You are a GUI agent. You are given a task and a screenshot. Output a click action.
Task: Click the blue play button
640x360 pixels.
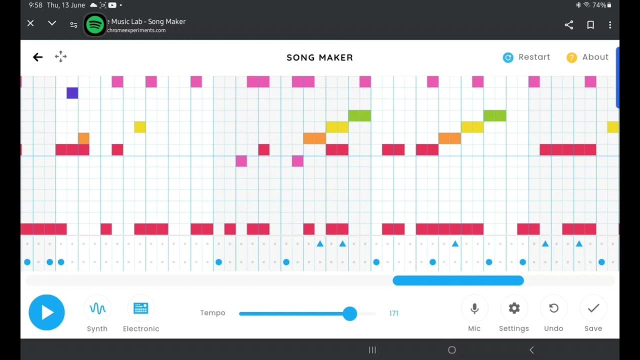pyautogui.click(x=46, y=312)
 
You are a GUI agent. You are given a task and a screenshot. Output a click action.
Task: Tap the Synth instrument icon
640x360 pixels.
pyautogui.click(x=97, y=308)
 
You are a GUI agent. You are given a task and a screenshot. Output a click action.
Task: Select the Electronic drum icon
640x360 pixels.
pyautogui.click(x=141, y=308)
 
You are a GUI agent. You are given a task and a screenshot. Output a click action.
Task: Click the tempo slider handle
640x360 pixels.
pyautogui.click(x=350, y=313)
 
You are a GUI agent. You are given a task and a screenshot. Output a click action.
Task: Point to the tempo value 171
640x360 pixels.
pyautogui.click(x=393, y=313)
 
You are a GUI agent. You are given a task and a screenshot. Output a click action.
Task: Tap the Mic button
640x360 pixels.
pyautogui.click(x=474, y=308)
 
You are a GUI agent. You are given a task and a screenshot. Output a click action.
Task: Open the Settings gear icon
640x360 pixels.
pyautogui.click(x=514, y=308)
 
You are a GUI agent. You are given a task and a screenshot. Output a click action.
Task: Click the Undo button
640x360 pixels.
pyautogui.click(x=553, y=308)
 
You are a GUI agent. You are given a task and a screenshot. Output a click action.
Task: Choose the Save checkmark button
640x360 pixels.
pyautogui.click(x=593, y=308)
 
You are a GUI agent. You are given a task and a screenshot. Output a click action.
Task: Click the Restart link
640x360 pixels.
pyautogui.click(x=533, y=57)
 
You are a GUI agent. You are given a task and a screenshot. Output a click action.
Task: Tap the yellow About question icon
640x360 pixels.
pyautogui.click(x=571, y=57)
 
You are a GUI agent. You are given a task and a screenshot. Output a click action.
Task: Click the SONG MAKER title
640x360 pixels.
pyautogui.click(x=320, y=57)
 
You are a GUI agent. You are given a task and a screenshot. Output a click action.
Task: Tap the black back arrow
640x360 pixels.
pyautogui.click(x=38, y=57)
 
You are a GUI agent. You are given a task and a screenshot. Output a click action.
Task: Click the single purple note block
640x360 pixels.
pyautogui.click(x=72, y=93)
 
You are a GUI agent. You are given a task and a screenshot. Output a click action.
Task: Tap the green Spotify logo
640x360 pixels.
pyautogui.click(x=94, y=24)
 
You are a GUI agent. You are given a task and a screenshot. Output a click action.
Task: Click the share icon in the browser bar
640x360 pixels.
pyautogui.click(x=569, y=24)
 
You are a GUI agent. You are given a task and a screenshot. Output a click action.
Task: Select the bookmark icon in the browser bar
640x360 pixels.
pyautogui.click(x=590, y=24)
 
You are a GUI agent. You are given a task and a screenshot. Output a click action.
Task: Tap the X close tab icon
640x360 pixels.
pyautogui.click(x=30, y=23)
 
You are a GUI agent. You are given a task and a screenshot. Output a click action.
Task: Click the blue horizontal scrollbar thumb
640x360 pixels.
pyautogui.click(x=458, y=280)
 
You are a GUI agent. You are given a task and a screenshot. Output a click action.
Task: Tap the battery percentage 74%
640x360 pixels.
pyautogui.click(x=599, y=5)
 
